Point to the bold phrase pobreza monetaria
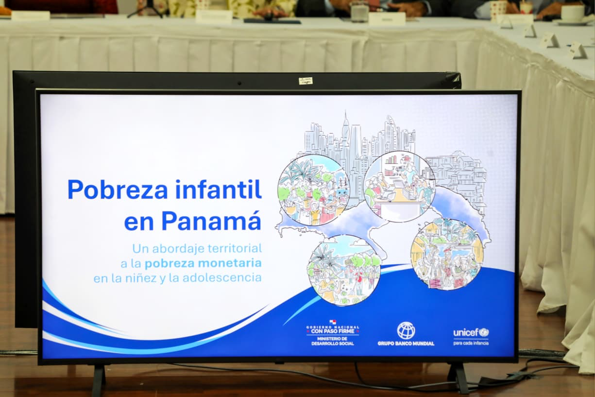(x=203, y=263)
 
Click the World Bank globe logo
(x=406, y=330)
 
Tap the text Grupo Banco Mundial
(x=406, y=343)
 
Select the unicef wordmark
(x=466, y=332)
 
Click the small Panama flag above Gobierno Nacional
(x=333, y=322)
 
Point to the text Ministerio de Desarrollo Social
(x=333, y=341)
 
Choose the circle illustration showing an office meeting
(x=399, y=187)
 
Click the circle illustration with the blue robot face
(x=314, y=190)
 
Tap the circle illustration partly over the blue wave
(x=344, y=270)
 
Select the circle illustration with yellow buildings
(x=447, y=254)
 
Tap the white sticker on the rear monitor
(x=306, y=81)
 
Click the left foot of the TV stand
(x=99, y=380)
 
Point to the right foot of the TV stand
(x=459, y=378)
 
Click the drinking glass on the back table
(x=360, y=12)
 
